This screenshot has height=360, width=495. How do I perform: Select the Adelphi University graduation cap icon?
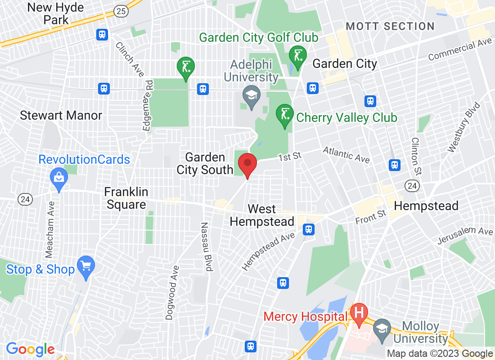[x=251, y=95]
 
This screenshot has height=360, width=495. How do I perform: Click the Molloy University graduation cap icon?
[x=382, y=327]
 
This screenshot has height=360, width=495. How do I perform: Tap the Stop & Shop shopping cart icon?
[x=85, y=264]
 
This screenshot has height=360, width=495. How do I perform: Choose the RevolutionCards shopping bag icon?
[x=58, y=176]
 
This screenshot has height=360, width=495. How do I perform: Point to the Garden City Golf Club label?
[x=259, y=37]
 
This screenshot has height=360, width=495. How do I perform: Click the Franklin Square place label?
[x=126, y=198]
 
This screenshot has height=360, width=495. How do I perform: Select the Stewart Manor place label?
[x=61, y=116]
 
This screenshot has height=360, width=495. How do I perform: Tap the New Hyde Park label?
[x=49, y=13]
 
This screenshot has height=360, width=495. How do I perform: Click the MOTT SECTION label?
[x=391, y=27]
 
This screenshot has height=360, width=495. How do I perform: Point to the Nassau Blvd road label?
[x=206, y=247]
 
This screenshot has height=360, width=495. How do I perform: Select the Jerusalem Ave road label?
[x=465, y=235]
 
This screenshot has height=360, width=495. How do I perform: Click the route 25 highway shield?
[x=121, y=11]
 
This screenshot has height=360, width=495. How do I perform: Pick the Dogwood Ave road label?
[x=172, y=292]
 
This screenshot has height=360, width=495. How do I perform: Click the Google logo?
[x=30, y=349]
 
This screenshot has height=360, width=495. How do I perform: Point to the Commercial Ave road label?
[x=460, y=50]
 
